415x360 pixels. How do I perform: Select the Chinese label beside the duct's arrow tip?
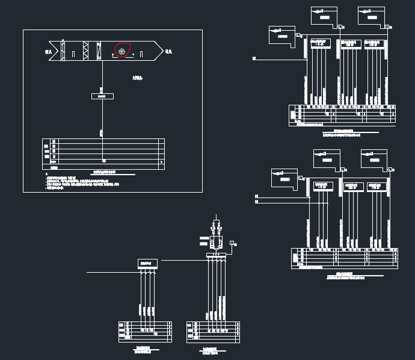[169, 52]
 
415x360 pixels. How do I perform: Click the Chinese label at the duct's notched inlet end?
[48, 53]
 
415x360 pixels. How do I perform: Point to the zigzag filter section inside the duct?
[85, 51]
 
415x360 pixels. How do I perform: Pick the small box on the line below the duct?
[102, 96]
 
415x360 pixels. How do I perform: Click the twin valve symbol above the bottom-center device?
[217, 229]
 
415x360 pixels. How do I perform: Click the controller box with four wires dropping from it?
[147, 263]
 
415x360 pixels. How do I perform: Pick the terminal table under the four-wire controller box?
[145, 332]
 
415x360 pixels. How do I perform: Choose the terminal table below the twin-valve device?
[214, 332]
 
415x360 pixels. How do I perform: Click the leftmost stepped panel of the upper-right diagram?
[281, 35]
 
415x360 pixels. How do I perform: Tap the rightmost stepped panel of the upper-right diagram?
[371, 16]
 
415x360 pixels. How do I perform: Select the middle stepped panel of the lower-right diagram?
[327, 158]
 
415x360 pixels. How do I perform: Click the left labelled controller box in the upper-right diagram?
[321, 43]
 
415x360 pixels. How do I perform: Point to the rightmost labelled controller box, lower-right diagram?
[377, 187]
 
